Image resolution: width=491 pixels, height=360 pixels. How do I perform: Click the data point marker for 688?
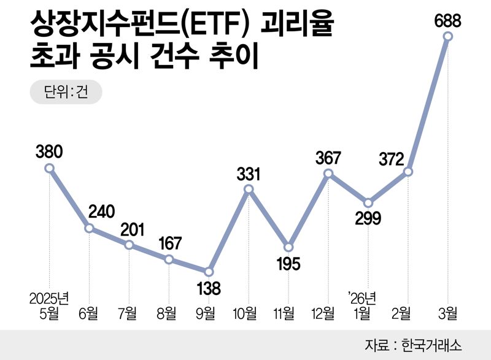(x=447, y=37)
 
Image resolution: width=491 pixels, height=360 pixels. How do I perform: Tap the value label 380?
(x=50, y=150)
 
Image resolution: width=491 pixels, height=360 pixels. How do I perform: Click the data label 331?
(x=249, y=174)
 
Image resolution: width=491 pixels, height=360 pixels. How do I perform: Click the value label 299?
(x=368, y=218)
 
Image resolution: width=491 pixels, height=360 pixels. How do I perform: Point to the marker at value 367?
(x=328, y=174)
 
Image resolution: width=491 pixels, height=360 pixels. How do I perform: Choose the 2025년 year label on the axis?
(x=50, y=299)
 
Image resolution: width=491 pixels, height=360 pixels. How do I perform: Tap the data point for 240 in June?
(x=89, y=228)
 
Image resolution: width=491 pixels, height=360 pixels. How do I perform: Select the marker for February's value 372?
(x=408, y=172)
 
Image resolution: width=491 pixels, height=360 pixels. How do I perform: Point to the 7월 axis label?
(x=129, y=315)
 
